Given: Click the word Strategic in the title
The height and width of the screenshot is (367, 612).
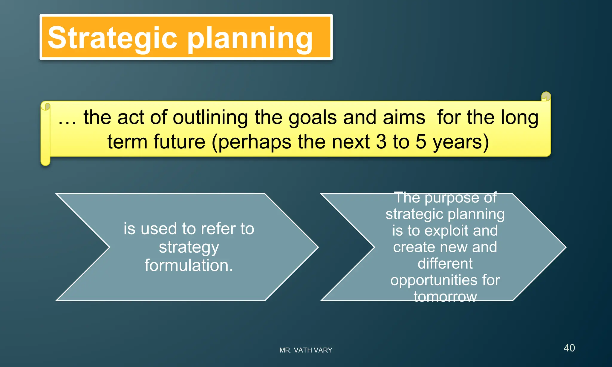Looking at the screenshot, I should tap(112, 38).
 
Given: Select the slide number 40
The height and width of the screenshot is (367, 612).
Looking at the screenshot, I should tap(569, 348).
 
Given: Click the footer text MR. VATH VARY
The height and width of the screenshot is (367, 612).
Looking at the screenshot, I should tap(306, 350).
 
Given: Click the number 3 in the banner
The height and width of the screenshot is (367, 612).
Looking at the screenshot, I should tap(381, 142).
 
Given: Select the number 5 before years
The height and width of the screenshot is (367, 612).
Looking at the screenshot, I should tap(421, 142).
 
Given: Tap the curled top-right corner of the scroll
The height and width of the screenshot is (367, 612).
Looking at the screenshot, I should tap(546, 96).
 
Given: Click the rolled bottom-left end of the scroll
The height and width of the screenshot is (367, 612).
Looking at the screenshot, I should tap(45, 161).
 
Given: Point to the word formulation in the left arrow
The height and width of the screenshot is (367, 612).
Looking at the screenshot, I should tap(189, 265).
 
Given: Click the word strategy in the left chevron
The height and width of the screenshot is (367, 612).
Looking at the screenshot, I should tap(189, 248).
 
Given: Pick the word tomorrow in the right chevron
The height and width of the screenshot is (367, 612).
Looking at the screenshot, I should tap(445, 297).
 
